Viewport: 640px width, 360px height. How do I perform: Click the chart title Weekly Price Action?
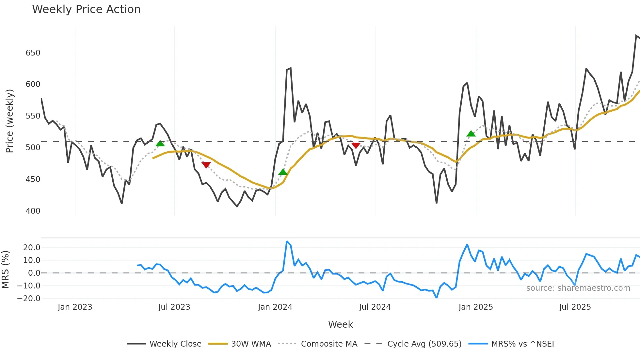[x=86, y=9]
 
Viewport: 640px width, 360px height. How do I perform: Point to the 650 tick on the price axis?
[x=33, y=53]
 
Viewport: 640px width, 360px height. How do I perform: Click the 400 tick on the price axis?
[x=33, y=211]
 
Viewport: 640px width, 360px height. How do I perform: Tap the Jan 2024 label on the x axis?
[x=275, y=307]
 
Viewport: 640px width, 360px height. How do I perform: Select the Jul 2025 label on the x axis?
[x=575, y=307]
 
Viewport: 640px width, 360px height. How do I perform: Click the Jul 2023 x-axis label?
[x=174, y=307]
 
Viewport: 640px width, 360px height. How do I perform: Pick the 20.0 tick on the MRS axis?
[x=32, y=248]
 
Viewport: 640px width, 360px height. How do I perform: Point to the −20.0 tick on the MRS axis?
[x=29, y=299]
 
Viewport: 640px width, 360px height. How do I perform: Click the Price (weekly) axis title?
[x=10, y=121]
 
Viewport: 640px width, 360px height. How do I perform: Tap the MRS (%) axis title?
[x=6, y=270]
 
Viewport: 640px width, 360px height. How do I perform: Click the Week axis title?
[x=340, y=324]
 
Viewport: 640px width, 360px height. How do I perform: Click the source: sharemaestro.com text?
[x=578, y=288]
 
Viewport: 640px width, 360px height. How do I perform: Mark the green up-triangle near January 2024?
[x=283, y=172]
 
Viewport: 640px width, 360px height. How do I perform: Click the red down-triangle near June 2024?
[x=356, y=145]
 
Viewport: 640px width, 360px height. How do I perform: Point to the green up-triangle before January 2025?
[x=471, y=133]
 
